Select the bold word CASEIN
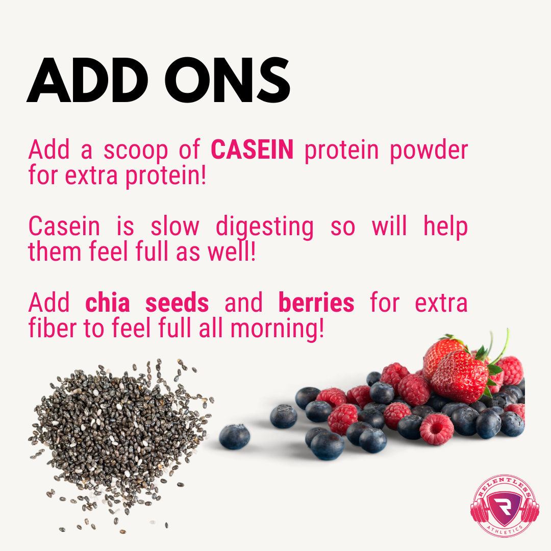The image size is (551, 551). [252, 149]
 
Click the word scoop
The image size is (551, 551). [135, 151]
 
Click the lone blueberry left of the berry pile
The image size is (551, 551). [235, 437]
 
